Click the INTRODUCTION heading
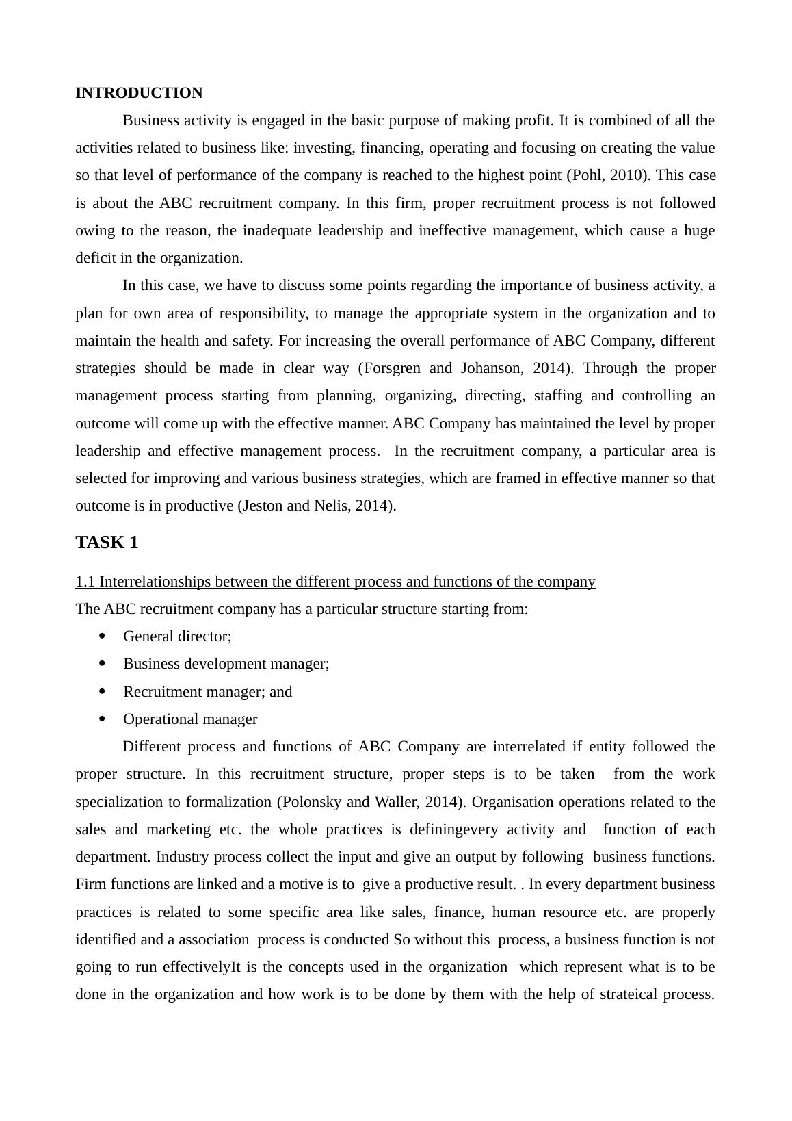[139, 93]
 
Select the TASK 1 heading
[107, 543]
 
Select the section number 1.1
[85, 582]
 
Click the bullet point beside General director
[103, 636]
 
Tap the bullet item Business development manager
[226, 664]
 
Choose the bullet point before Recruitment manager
[103, 691]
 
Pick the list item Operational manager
[190, 719]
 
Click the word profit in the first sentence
[533, 120]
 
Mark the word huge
[699, 231]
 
